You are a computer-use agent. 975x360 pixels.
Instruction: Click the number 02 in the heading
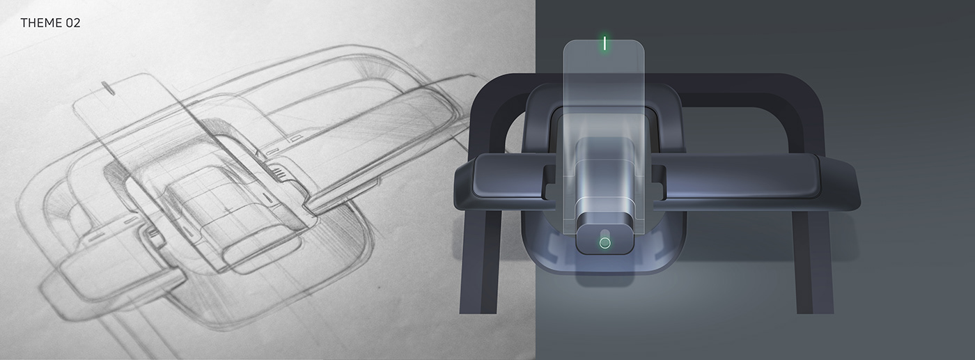point(73,23)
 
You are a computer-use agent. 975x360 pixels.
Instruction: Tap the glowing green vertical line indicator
point(605,43)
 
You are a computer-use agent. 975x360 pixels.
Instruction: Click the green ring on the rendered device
point(604,243)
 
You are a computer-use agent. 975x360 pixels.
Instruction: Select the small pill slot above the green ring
point(604,232)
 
